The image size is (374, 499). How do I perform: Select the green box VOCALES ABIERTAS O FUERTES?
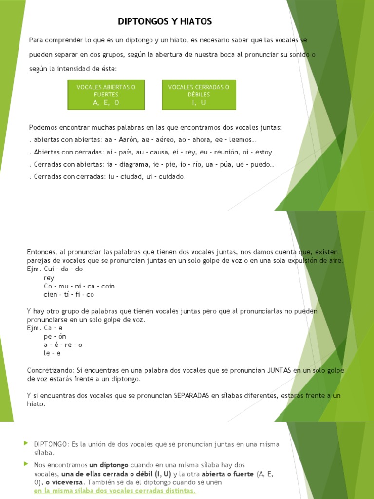[106, 95]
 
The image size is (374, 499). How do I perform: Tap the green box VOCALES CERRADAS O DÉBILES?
[199, 95]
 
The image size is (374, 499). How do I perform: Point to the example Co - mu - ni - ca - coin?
[79, 286]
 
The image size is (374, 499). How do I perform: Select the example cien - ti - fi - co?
[69, 294]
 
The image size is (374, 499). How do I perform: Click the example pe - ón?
[55, 336]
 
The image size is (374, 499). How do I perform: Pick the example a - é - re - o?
[63, 345]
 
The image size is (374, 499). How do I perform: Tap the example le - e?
[52, 353]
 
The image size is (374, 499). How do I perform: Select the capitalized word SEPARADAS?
[192, 396]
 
